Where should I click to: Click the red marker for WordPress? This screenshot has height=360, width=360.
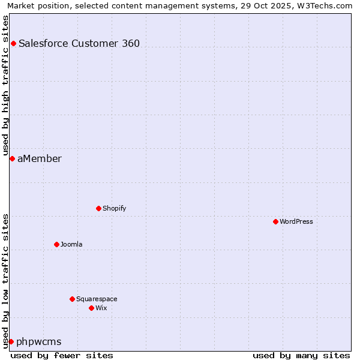point(275,221)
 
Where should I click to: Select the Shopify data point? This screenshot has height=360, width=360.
point(98,208)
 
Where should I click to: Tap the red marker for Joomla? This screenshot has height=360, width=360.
point(56,244)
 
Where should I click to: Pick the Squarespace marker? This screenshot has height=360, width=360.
point(72,299)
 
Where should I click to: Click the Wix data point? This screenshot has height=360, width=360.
point(91,308)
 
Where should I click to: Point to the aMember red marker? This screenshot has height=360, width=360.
point(12,158)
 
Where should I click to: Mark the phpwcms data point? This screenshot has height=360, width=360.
point(11,341)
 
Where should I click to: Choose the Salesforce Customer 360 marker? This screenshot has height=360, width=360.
point(13,43)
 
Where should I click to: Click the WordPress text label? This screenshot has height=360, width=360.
point(296,221)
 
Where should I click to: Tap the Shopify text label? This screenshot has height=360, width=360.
point(115,208)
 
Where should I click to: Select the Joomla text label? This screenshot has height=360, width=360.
point(71,244)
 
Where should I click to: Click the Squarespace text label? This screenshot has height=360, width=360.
point(97,299)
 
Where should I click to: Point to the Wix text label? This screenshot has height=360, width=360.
point(101,308)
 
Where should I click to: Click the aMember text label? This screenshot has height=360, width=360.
point(40,158)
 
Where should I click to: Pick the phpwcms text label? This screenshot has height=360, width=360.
point(39,342)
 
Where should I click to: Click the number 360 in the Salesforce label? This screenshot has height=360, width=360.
point(130,43)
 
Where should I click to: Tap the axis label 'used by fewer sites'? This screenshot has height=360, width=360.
point(62,355)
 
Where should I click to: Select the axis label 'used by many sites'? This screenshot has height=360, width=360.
point(301,355)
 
